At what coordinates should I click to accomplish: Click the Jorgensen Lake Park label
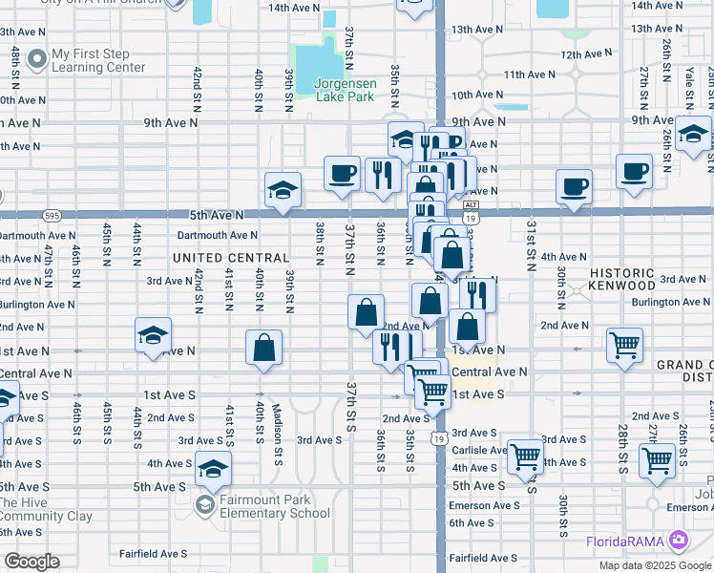tap(345, 90)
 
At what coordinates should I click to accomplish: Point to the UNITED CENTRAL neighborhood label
tap(231, 258)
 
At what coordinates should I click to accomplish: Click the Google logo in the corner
tap(31, 562)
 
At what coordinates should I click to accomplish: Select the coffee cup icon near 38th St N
tap(342, 174)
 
